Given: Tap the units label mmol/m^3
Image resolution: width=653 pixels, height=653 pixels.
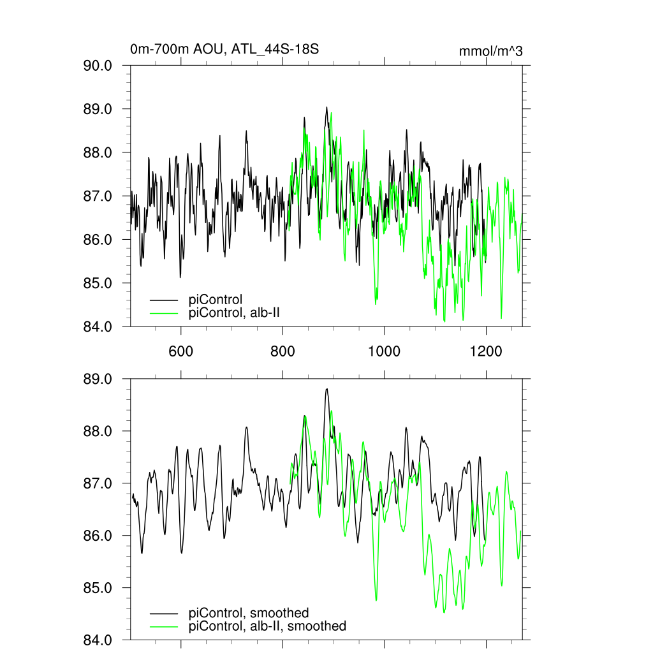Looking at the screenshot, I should (x=490, y=52).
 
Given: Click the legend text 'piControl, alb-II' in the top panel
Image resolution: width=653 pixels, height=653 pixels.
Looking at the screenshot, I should (x=235, y=312).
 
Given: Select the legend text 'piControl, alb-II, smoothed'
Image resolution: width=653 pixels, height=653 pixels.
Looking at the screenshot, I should (x=267, y=626).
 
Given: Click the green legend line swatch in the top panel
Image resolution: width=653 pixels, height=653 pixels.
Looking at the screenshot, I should (x=164, y=312).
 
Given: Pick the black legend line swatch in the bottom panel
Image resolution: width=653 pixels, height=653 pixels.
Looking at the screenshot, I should (x=164, y=613).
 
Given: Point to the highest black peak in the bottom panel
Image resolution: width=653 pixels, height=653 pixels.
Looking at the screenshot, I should (x=326, y=389).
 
